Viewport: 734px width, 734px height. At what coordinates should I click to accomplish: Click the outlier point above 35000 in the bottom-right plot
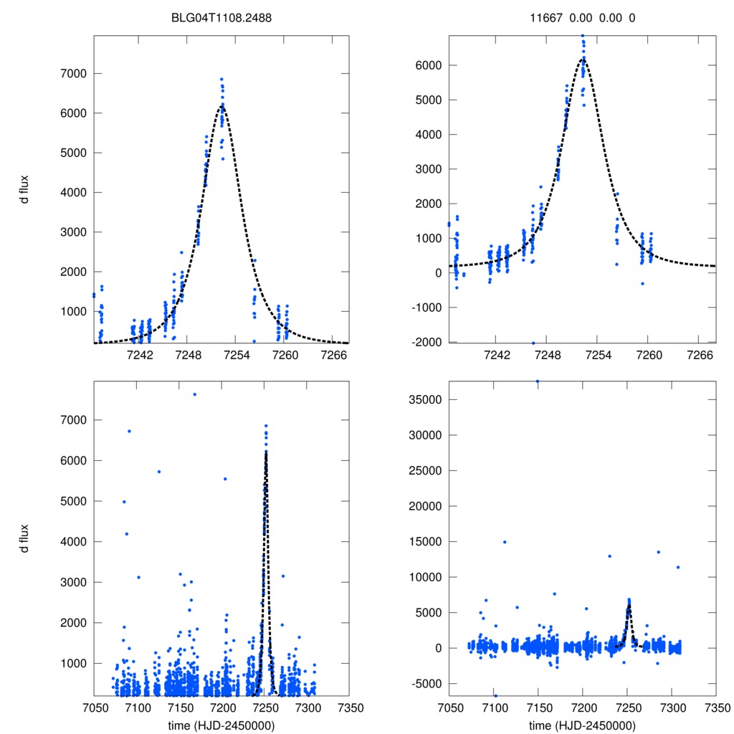point(538,381)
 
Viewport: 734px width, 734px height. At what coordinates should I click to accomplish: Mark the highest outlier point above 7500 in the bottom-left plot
point(194,394)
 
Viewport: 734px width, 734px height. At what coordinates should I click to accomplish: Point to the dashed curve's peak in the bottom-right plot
point(628,604)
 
